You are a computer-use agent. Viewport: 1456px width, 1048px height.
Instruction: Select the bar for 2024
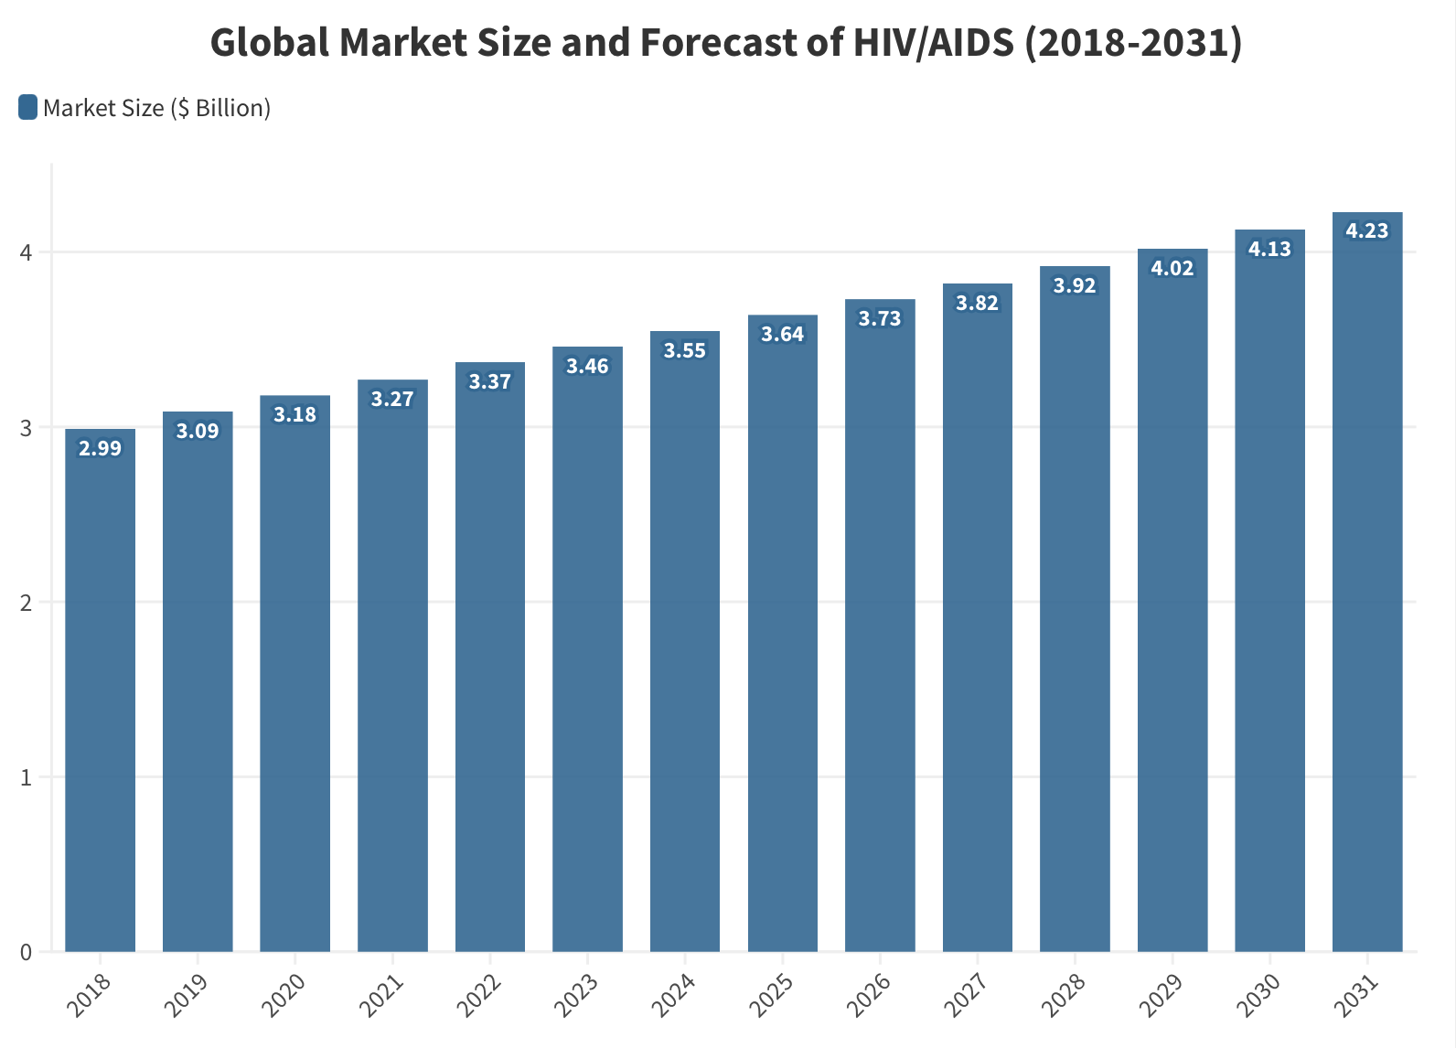pos(685,641)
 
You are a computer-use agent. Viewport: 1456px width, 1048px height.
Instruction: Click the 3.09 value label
pos(198,431)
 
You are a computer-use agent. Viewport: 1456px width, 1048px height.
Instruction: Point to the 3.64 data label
pos(783,335)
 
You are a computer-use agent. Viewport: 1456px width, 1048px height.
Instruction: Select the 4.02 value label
pos(1172,268)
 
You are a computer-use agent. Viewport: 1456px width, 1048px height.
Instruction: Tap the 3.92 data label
pos(1075,285)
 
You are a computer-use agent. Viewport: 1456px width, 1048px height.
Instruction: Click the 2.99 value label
pos(100,448)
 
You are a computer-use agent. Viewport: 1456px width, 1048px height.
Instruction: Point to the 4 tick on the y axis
pos(26,252)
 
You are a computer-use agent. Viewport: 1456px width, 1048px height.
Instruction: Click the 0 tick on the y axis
pos(26,952)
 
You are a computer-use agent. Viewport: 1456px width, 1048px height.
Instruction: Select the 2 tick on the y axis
pos(26,603)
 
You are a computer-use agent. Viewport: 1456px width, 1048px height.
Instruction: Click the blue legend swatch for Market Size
pos(27,108)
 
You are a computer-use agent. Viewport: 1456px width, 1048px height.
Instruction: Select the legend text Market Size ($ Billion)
pos(156,108)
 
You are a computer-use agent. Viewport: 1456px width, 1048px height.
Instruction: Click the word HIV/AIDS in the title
pos(934,43)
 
